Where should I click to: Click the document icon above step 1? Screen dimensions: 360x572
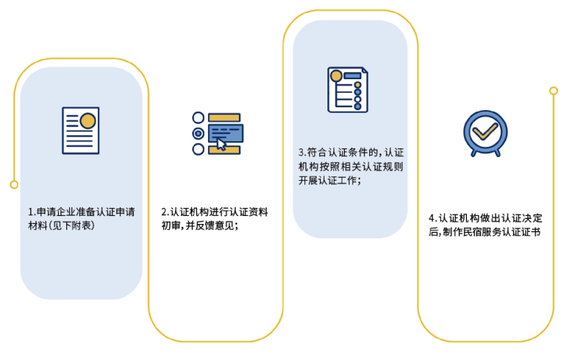[81, 130]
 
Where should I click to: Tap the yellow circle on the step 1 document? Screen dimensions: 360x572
[87, 120]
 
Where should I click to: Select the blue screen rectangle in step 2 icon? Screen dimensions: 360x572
[225, 132]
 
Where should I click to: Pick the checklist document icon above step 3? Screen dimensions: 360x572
[348, 90]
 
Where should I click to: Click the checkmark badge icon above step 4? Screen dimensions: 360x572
[485, 132]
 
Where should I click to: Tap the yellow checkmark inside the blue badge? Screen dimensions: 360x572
[485, 130]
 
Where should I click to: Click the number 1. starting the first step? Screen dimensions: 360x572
[32, 212]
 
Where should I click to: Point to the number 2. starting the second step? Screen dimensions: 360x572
[165, 212]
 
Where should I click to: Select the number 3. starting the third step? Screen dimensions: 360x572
[301, 153]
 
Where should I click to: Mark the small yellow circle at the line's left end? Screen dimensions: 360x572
[14, 184]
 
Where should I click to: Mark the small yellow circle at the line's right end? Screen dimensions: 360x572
[553, 91]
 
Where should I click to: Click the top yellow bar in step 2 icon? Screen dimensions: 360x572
[224, 117]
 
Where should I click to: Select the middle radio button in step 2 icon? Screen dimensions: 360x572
[198, 133]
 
